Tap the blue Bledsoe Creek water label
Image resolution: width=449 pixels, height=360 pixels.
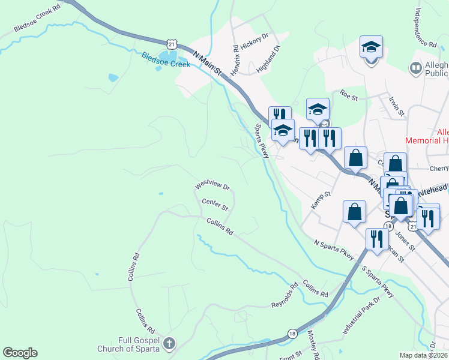click(166, 61)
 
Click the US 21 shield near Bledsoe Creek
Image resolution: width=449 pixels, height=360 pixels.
click(172, 44)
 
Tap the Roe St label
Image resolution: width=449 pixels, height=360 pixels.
click(349, 94)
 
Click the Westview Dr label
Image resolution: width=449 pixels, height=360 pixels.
click(212, 187)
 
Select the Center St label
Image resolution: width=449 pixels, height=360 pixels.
click(215, 205)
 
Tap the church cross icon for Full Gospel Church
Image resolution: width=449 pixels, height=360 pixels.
click(169, 343)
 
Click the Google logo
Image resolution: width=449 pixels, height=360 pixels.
click(20, 353)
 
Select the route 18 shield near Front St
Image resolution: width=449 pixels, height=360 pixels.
click(292, 334)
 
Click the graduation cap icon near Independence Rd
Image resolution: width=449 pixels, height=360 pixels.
click(372, 47)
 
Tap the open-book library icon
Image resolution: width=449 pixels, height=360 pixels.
click(415, 68)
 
